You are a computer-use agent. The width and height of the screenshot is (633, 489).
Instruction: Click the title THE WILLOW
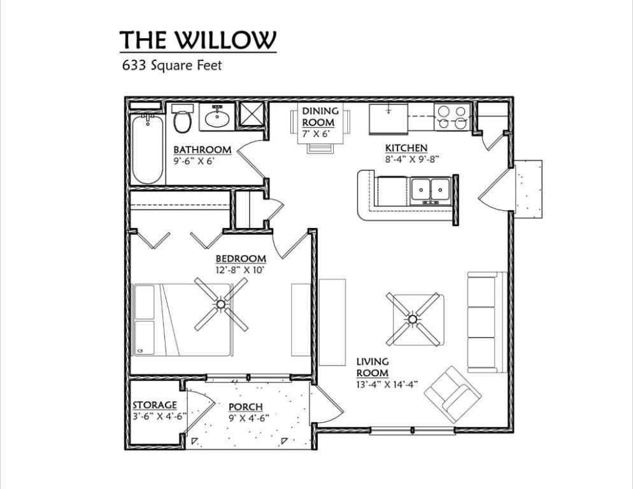tap(198, 39)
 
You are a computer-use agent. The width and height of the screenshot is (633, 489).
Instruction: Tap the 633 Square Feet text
tap(172, 65)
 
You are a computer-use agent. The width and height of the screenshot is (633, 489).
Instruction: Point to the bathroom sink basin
tap(218, 118)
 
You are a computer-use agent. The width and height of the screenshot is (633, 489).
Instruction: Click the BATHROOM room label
tap(203, 150)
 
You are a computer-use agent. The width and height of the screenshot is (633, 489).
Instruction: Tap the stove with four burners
tap(452, 117)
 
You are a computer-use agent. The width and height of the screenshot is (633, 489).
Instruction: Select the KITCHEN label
tap(406, 148)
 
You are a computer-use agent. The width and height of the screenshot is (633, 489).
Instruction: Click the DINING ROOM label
tap(320, 117)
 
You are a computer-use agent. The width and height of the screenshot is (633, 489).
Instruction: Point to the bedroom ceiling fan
tap(221, 304)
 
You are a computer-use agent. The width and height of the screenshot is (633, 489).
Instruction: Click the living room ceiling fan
tap(412, 319)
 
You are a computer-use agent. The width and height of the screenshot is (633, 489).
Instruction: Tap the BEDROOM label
tap(241, 259)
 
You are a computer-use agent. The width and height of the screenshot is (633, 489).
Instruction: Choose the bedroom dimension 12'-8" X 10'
tap(240, 270)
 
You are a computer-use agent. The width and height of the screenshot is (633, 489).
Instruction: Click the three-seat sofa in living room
tap(487, 322)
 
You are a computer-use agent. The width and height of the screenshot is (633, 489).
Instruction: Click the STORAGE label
tap(155, 404)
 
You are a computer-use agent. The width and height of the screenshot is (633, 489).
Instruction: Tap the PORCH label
tap(245, 407)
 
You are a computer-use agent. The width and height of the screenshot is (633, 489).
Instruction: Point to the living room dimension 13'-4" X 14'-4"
tap(387, 385)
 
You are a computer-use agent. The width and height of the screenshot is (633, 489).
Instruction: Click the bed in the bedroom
tap(183, 320)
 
